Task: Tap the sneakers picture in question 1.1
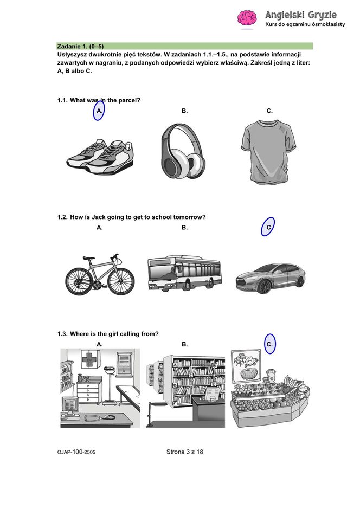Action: [x=100, y=157]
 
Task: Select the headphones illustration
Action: [x=183, y=151]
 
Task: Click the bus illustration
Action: [x=184, y=273]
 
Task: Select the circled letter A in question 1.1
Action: [x=99, y=111]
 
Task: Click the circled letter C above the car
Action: [x=268, y=227]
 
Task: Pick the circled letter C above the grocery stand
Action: [x=270, y=344]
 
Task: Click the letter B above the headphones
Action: [x=184, y=111]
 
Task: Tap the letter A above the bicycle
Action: [x=100, y=228]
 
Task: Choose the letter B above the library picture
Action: [x=184, y=344]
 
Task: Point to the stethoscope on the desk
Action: [x=98, y=417]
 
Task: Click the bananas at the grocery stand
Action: [x=291, y=382]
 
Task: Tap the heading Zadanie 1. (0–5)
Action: [x=80, y=46]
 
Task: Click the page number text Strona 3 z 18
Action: [x=185, y=452]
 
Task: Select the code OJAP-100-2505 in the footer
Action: [x=76, y=452]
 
